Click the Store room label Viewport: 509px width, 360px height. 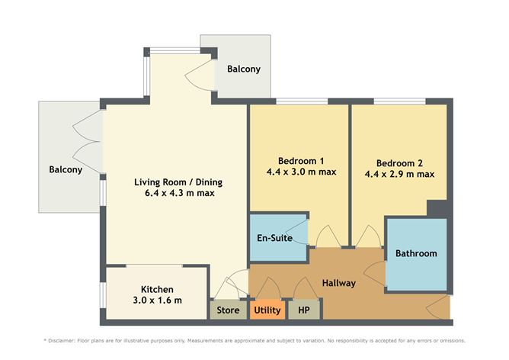coord(228,310)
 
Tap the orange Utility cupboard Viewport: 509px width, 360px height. coord(267,310)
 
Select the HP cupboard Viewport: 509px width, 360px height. coord(304,310)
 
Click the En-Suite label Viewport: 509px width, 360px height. coord(274,238)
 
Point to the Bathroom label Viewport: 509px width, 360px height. coord(416,253)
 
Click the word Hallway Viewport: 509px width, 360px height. coord(339,283)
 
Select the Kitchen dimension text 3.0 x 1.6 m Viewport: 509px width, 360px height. coord(158,301)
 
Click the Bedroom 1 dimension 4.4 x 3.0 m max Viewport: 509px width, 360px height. coord(301,172)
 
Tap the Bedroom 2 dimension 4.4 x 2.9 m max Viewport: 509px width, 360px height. coord(399,174)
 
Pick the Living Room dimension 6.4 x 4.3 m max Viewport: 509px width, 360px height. coord(180,193)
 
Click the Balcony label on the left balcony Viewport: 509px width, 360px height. coord(66,169)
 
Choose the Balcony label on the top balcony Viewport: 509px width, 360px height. coord(244,69)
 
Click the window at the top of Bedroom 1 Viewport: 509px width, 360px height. coord(302,101)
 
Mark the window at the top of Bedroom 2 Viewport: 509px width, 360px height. coord(399,101)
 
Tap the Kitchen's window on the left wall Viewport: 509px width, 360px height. coord(103,295)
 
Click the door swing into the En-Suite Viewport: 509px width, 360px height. coord(300,232)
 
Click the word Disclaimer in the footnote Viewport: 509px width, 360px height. coord(62,341)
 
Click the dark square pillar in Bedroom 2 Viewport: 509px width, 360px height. coord(437,208)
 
